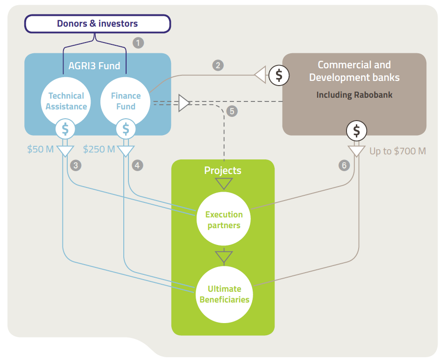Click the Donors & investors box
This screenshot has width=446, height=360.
(x=97, y=23)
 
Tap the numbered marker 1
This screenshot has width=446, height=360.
(x=138, y=43)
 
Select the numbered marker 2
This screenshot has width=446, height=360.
(x=218, y=65)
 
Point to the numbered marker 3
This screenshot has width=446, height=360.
(x=75, y=165)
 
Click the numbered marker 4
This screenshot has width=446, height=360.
(x=137, y=165)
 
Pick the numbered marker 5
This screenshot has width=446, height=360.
(x=231, y=111)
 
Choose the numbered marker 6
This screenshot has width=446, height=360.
(x=344, y=165)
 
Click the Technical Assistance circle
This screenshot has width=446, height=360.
(x=66, y=101)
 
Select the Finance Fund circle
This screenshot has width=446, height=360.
(x=126, y=101)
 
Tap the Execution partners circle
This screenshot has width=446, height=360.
(x=224, y=220)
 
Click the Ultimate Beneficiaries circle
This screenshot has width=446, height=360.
(x=224, y=294)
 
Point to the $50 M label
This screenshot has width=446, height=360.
(x=41, y=150)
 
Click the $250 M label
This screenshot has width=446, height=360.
(x=99, y=150)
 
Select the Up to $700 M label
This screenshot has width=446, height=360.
(x=397, y=151)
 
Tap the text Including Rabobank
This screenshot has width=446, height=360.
(x=354, y=95)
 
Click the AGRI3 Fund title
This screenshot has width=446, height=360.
(x=97, y=65)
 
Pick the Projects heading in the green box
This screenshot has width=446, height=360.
(x=223, y=170)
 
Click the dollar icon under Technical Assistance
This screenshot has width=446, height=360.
(x=65, y=129)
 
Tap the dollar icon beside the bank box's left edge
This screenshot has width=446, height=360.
(x=279, y=75)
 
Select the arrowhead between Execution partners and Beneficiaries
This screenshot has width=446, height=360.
(x=224, y=257)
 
